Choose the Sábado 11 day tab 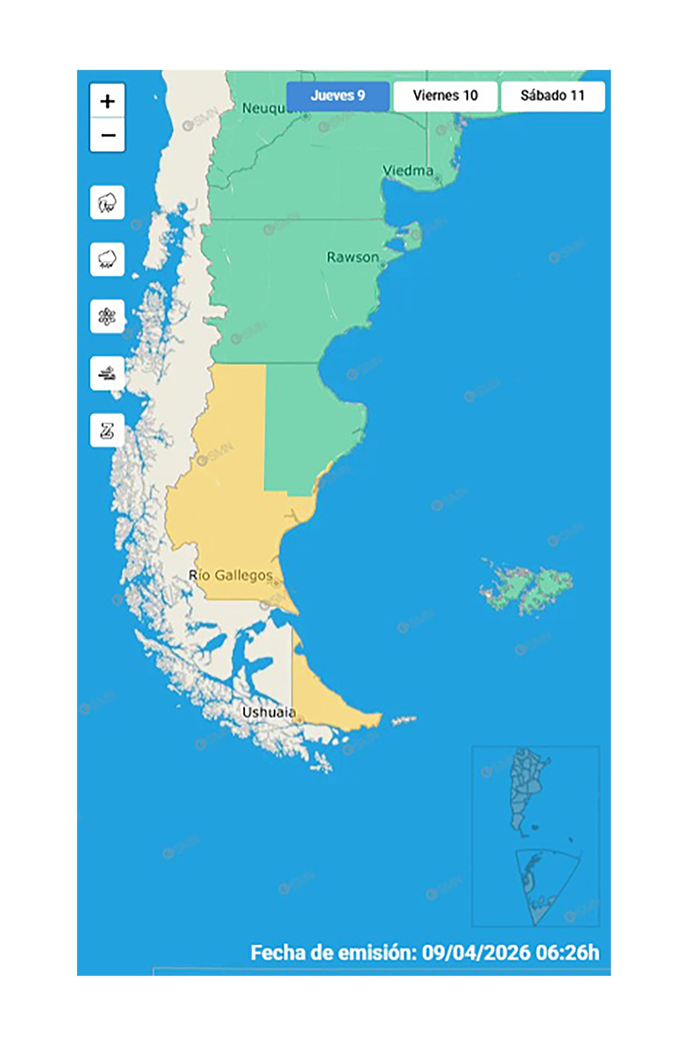click(552, 96)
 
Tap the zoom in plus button click(107, 101)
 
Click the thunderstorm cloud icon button click(107, 203)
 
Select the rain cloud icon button click(107, 259)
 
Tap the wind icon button click(107, 374)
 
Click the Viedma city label click(407, 171)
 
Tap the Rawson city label click(352, 257)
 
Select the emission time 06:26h click(567, 953)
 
